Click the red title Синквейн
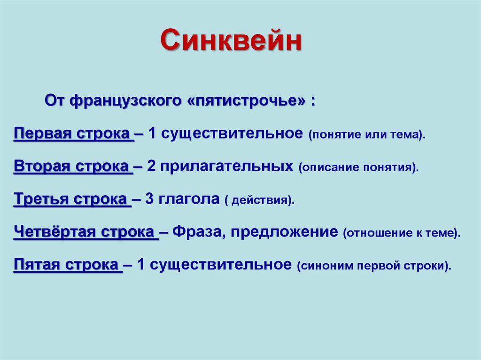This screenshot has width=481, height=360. point(231,40)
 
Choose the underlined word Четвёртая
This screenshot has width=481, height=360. point(55,231)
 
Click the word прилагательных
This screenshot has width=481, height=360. point(227,167)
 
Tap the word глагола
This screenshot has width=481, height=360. point(189,199)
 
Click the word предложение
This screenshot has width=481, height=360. point(284,232)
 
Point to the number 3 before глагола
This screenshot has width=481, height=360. point(149,199)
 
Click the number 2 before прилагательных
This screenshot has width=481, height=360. point(151,166)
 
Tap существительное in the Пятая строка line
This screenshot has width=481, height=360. point(221,265)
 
